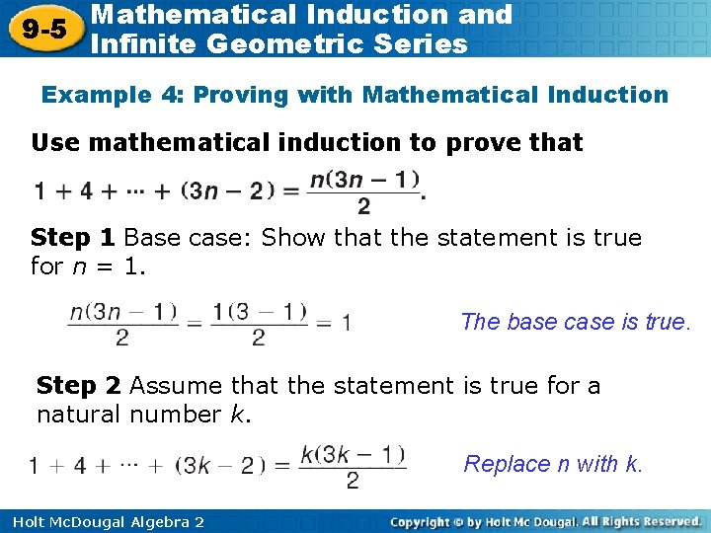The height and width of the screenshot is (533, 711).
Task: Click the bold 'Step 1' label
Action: click(73, 238)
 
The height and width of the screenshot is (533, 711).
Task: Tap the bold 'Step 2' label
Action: click(78, 386)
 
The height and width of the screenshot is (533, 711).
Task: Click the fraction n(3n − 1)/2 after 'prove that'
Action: click(365, 192)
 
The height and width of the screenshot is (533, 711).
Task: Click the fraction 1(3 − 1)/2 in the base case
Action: click(259, 323)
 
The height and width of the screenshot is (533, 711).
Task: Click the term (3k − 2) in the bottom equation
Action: click(221, 465)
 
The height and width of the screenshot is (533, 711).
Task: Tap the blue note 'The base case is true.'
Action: click(577, 322)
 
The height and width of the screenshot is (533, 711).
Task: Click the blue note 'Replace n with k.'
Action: click(553, 464)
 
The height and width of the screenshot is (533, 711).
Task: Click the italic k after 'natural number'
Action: click(237, 415)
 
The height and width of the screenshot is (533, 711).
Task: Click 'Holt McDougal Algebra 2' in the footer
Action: click(104, 521)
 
